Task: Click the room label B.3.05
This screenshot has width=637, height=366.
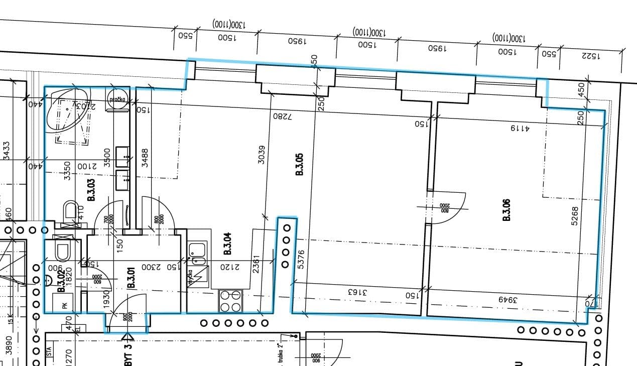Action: click(300, 164)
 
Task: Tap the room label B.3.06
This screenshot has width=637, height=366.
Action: click(506, 210)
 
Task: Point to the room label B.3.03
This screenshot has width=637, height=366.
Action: click(91, 190)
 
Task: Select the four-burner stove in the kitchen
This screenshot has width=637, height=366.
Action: click(230, 301)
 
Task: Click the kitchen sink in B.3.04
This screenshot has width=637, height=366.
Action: click(198, 253)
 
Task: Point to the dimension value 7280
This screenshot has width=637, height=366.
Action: click(282, 115)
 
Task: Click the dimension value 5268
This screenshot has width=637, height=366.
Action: click(575, 216)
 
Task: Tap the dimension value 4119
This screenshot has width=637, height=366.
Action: click(521, 128)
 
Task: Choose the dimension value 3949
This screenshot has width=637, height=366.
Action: click(507, 299)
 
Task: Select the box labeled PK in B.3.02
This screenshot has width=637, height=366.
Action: click(64, 304)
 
